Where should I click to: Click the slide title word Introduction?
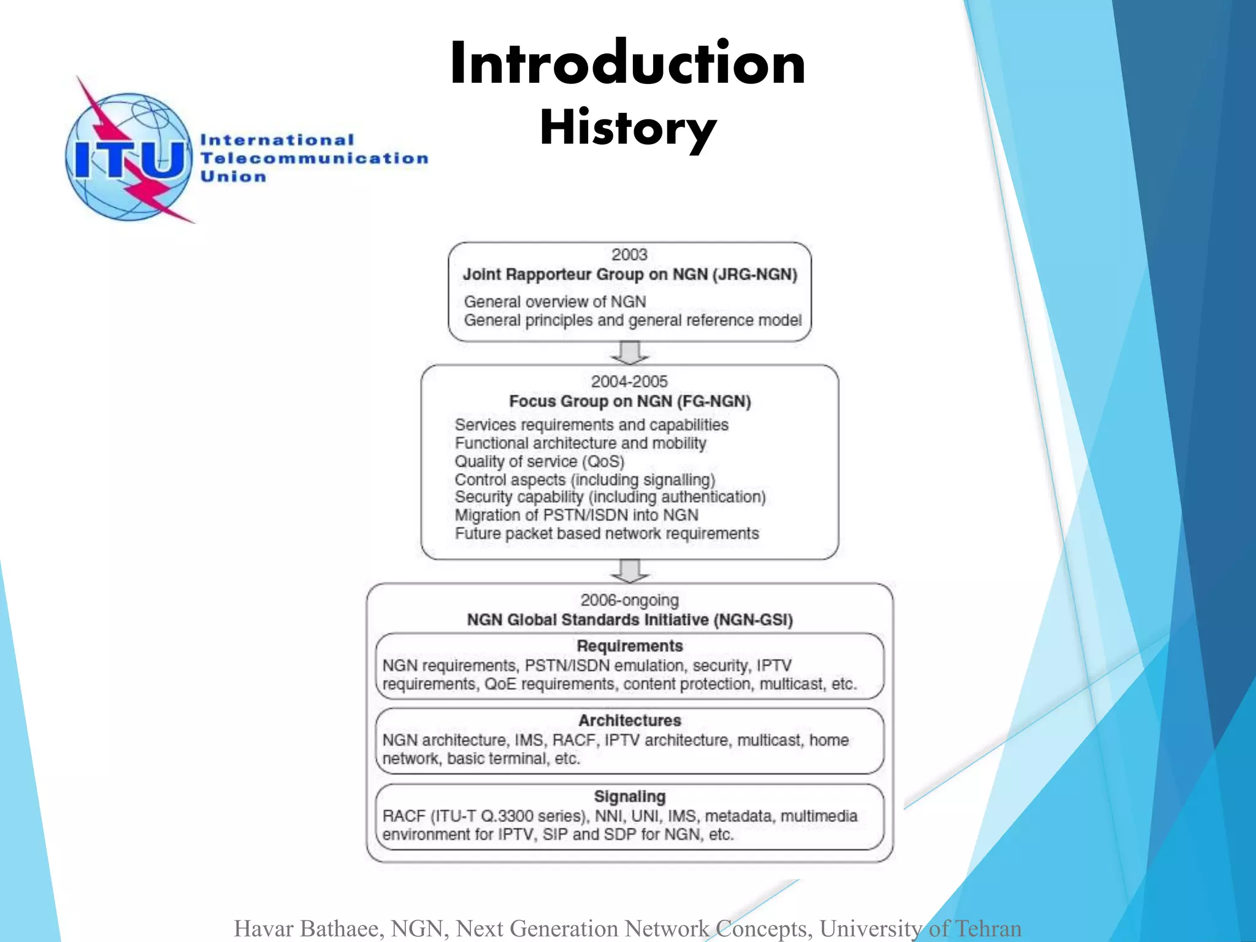(627, 64)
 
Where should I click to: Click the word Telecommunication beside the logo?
(314, 158)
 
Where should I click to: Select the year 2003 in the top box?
(629, 255)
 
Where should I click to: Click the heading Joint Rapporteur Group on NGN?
(630, 274)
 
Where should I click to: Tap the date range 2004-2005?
(629, 381)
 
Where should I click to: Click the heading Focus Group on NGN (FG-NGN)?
(630, 401)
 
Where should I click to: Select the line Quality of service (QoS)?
(539, 461)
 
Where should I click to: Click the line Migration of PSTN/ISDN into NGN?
(576, 515)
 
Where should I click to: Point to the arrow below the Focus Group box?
(630, 571)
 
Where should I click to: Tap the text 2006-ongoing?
(629, 600)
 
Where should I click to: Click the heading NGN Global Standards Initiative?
(630, 620)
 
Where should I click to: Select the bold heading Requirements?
(630, 646)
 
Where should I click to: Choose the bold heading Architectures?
(630, 720)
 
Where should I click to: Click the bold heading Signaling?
(630, 796)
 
